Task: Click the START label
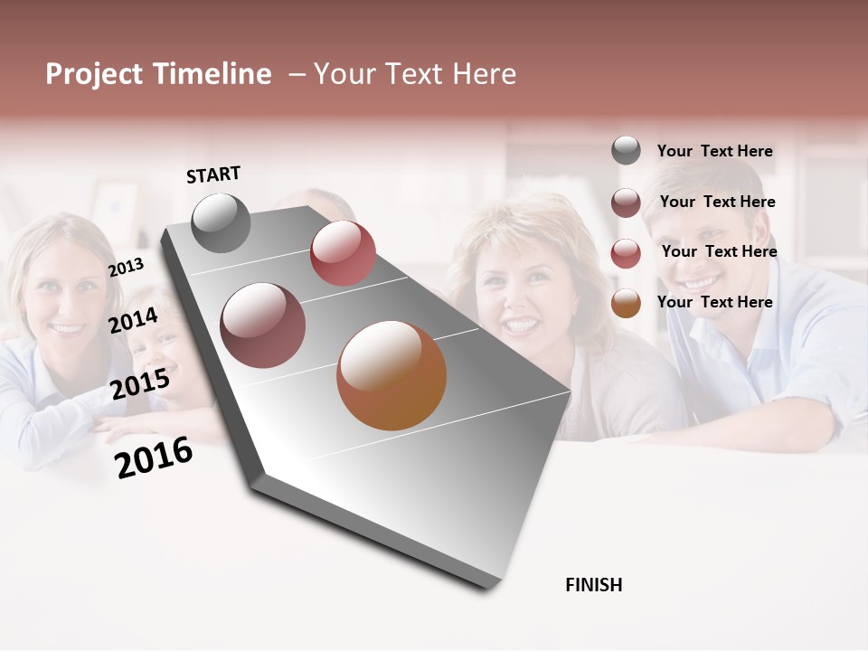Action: pyautogui.click(x=213, y=175)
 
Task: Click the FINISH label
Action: pyautogui.click(x=593, y=585)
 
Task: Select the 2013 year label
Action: pyautogui.click(x=126, y=267)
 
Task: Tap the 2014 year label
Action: pyautogui.click(x=133, y=320)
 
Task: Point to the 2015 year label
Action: pyautogui.click(x=139, y=384)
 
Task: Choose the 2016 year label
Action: pyautogui.click(x=154, y=458)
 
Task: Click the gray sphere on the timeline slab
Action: pyautogui.click(x=221, y=222)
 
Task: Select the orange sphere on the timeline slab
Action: pyautogui.click(x=392, y=375)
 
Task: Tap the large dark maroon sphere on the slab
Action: pyautogui.click(x=262, y=325)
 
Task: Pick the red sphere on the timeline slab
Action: pyautogui.click(x=343, y=252)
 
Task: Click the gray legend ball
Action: pyautogui.click(x=626, y=150)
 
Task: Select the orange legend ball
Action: pyautogui.click(x=626, y=303)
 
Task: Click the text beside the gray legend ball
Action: pyautogui.click(x=714, y=151)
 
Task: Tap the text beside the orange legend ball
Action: pyautogui.click(x=714, y=302)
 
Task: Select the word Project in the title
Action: pyautogui.click(x=94, y=74)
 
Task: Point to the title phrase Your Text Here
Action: pyautogui.click(x=414, y=74)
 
